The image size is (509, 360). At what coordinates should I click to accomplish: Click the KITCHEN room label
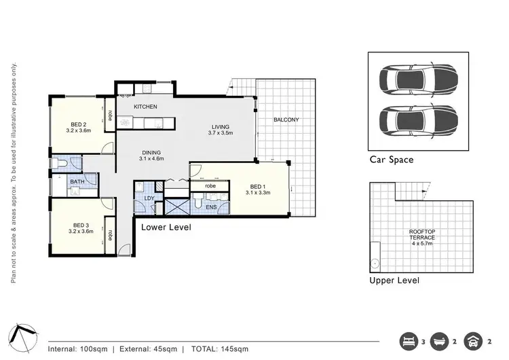click(146, 107)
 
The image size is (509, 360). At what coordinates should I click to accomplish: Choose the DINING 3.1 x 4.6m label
click(152, 156)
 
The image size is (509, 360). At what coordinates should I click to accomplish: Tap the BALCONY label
click(286, 120)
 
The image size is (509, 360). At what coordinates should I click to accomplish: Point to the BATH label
click(77, 181)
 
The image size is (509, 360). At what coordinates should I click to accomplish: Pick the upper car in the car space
click(417, 76)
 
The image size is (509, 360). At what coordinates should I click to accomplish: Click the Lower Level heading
click(166, 228)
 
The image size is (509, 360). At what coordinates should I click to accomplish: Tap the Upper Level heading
click(394, 281)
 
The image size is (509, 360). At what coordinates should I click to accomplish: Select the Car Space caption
click(391, 160)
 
